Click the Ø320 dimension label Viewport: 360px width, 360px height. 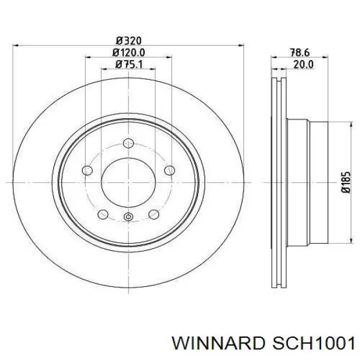tap(128, 41)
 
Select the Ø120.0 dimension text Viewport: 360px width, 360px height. tap(128, 53)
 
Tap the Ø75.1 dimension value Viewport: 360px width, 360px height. tap(128, 64)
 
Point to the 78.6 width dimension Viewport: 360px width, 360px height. tap(300, 53)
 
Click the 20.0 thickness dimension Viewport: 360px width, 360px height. tap(303, 65)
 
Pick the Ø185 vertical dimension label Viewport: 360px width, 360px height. tap(346, 182)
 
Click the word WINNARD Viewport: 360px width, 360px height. tap(218, 344)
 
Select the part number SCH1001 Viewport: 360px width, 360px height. tap(313, 344)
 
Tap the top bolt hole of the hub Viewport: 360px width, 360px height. tap(128, 143)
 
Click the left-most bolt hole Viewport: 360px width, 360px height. tap(87, 170)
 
